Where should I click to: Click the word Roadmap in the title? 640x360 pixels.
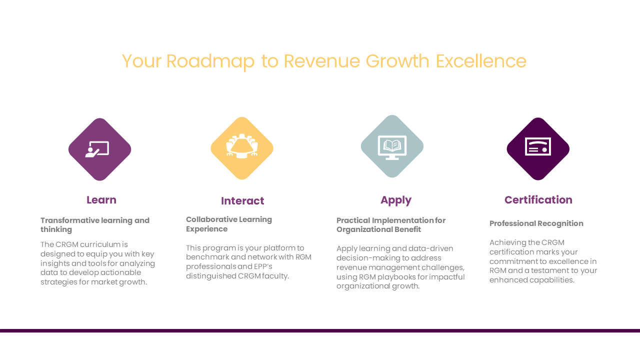[x=210, y=61]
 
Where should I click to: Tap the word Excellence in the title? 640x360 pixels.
[x=481, y=61]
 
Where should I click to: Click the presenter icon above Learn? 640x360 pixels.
[x=97, y=149]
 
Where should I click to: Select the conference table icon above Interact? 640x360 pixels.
[x=242, y=146]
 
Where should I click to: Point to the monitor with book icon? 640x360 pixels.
[x=392, y=147]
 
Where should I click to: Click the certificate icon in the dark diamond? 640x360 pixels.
[x=538, y=146]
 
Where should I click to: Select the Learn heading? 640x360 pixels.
[x=101, y=200]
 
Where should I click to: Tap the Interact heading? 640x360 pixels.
[x=242, y=201]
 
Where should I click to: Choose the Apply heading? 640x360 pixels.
[x=396, y=200]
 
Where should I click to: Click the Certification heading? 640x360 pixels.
[x=538, y=200]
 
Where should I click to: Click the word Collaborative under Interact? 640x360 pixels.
[x=211, y=219]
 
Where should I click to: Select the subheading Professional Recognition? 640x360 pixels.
[x=536, y=223]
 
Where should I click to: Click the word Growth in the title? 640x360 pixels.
[x=397, y=61]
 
